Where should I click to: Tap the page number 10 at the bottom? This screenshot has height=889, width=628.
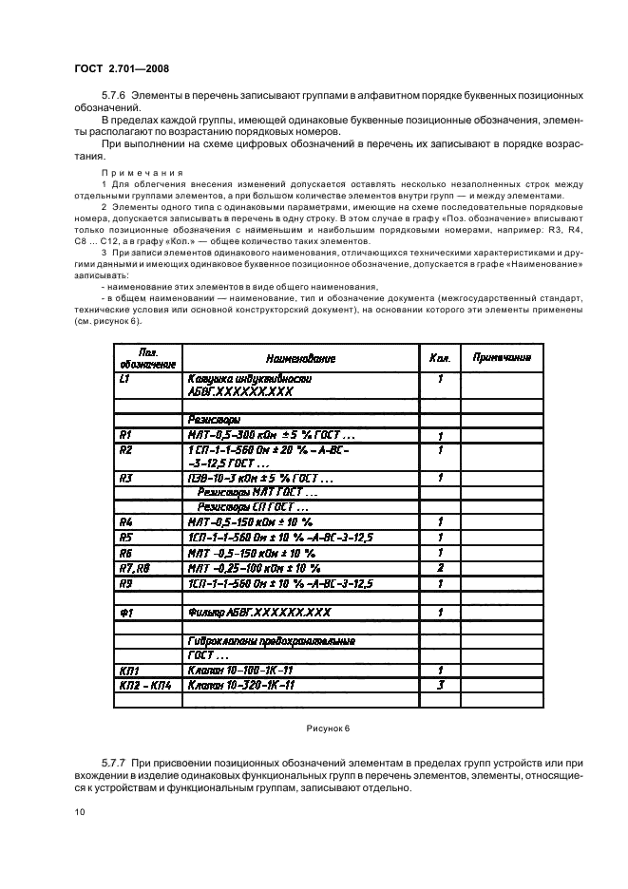(x=79, y=812)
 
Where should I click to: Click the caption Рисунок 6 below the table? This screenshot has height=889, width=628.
(x=328, y=728)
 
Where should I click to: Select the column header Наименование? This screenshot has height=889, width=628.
(x=299, y=359)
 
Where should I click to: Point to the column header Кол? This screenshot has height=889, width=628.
(x=439, y=359)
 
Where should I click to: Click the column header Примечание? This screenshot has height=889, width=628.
(x=502, y=358)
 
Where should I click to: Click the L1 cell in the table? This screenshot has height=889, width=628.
(x=125, y=378)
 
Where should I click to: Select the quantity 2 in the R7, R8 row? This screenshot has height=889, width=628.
(x=440, y=567)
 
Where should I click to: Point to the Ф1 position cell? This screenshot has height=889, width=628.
(x=125, y=614)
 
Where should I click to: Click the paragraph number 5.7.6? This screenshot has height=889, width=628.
(x=114, y=97)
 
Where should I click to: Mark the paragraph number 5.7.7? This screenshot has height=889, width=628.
(x=114, y=763)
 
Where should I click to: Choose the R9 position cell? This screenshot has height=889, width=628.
(x=125, y=582)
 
